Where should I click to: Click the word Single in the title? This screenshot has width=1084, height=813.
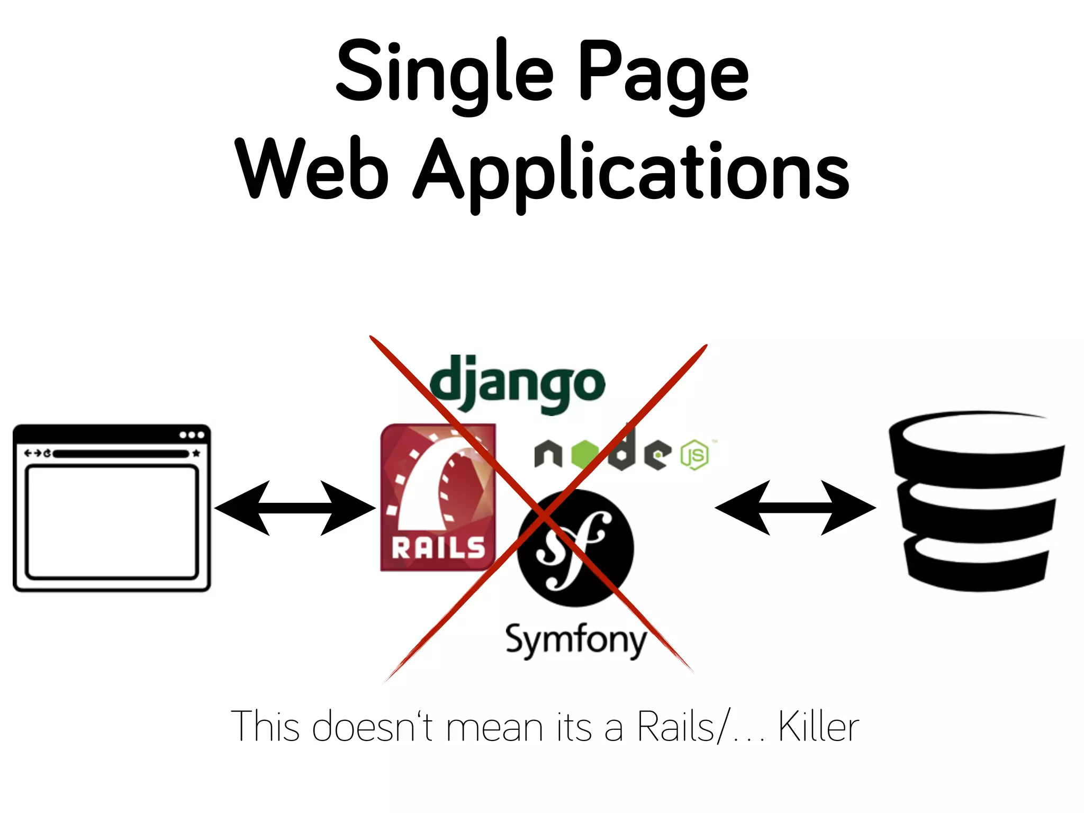coord(445,74)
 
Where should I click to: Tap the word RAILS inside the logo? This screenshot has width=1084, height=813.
coord(438,548)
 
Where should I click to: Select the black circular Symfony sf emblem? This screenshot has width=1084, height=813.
coord(575,548)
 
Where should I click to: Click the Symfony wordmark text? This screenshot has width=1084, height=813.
coord(576,640)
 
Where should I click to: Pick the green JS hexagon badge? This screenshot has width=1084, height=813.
coord(694,455)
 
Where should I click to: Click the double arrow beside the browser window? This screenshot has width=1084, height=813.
coord(295,508)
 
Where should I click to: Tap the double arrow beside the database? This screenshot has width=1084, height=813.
coord(795,508)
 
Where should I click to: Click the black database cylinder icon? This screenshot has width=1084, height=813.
coord(977,500)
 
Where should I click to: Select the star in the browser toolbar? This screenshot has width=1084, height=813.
coord(196,454)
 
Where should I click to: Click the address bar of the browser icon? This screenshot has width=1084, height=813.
coord(121,454)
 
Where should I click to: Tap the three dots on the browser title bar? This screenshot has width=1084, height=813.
coord(192,435)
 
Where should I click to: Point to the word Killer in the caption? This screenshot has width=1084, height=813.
coord(818,727)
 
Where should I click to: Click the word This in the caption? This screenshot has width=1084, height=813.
coord(265,727)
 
